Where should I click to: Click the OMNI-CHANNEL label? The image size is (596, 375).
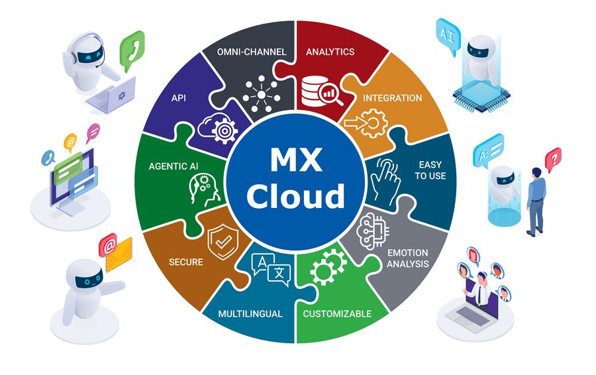251,52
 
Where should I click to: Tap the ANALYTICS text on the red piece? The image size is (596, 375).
330,52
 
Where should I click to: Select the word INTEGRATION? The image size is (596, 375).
392,98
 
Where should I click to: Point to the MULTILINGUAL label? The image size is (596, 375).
250,314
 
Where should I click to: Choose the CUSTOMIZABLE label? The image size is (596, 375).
337,314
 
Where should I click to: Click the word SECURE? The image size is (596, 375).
186,262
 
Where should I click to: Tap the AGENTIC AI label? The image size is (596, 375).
174,166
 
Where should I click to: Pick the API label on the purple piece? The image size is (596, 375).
179,98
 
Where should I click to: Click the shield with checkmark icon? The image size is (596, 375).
223,242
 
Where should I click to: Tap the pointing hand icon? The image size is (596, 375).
385,182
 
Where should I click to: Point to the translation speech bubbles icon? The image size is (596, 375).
271,269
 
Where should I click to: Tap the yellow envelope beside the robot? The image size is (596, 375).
119,254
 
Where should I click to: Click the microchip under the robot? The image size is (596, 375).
481,96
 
